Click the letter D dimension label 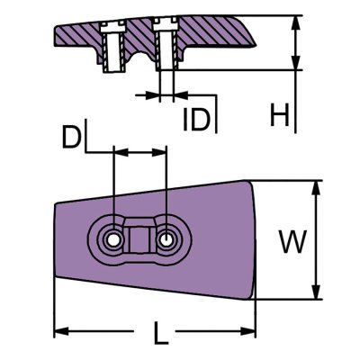[73, 138]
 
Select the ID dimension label [195, 119]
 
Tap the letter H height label [280, 115]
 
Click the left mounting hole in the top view [112, 240]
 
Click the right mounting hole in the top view [168, 240]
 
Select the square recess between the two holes [140, 240]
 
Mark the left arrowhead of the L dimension [59, 331]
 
